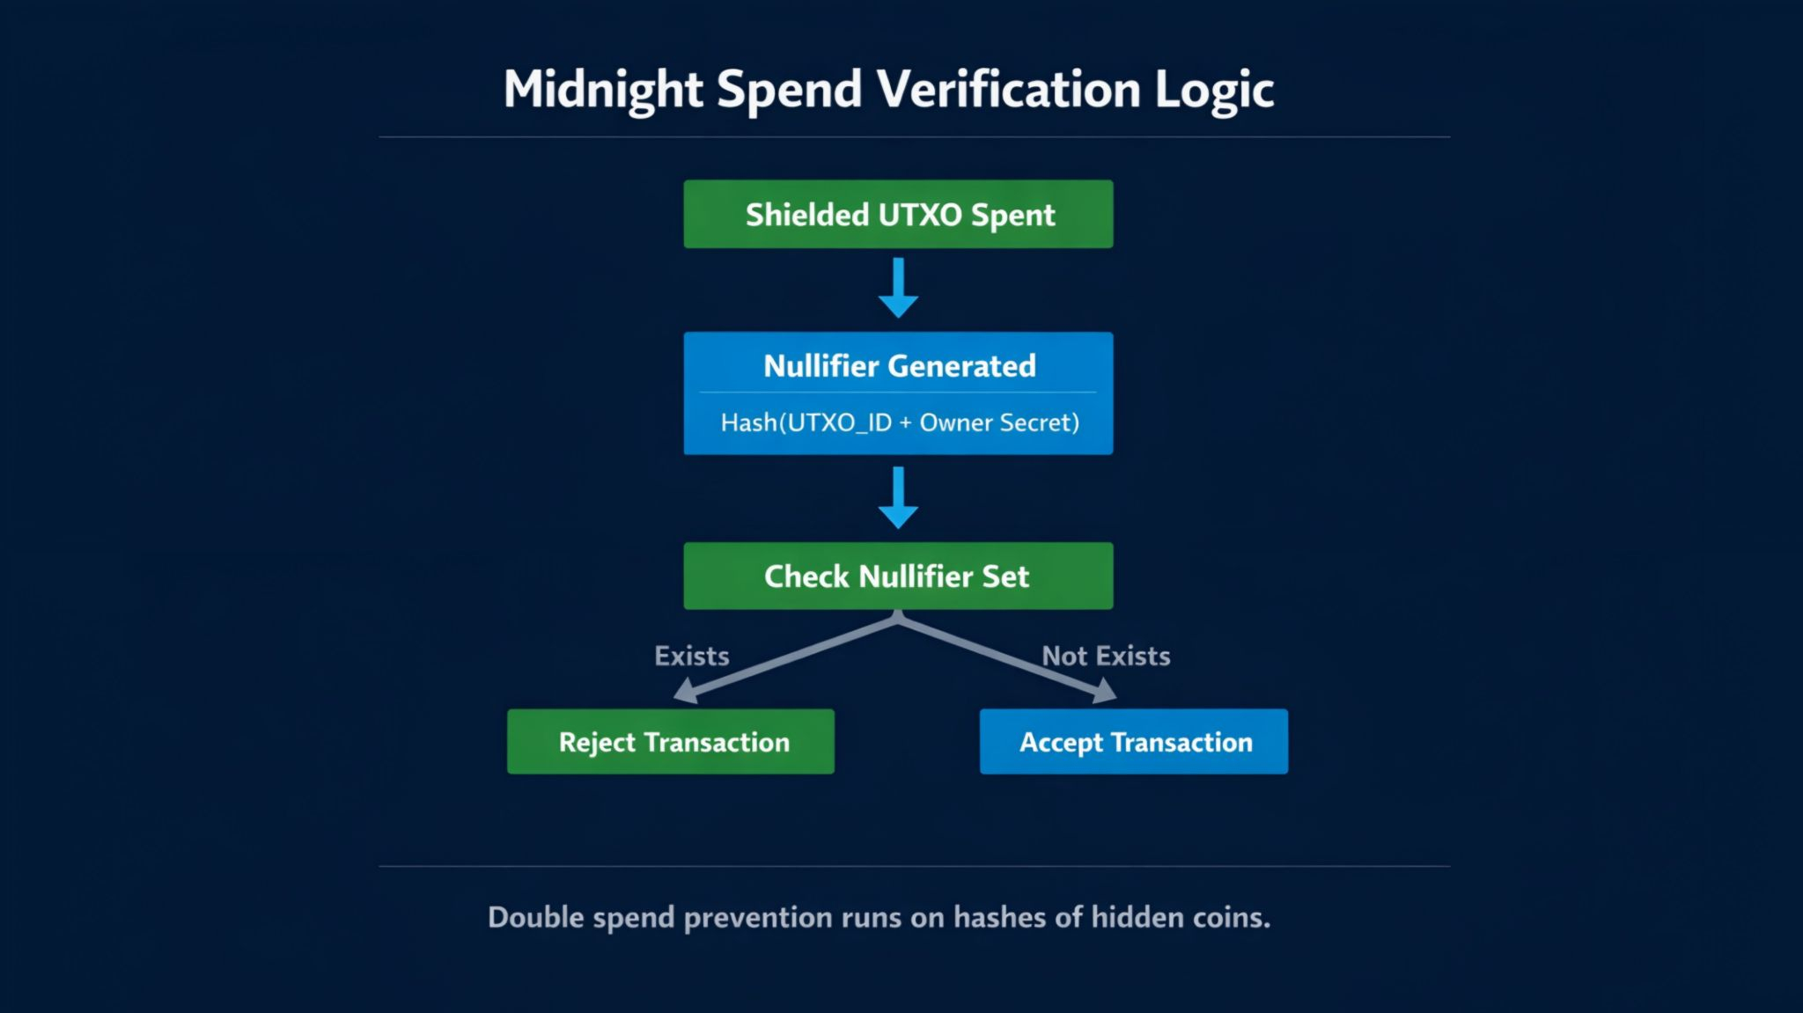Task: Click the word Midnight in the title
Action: (x=603, y=90)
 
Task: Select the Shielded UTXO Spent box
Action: (x=898, y=214)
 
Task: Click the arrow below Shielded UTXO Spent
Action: (x=898, y=289)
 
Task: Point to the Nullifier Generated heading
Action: (x=899, y=365)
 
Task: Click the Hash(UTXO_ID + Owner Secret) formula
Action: (x=899, y=422)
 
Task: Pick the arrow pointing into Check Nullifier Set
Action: (x=898, y=498)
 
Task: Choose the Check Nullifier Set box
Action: (x=898, y=576)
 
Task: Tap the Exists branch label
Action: (x=691, y=656)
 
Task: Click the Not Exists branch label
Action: (x=1106, y=656)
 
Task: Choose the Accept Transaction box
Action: (x=1134, y=741)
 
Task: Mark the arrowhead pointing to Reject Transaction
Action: (x=687, y=691)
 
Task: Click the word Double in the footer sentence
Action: (x=535, y=917)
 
